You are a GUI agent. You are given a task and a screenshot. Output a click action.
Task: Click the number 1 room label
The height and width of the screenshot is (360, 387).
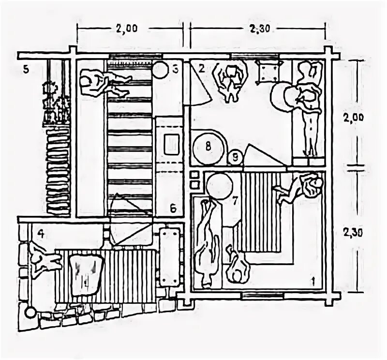tap(313, 280)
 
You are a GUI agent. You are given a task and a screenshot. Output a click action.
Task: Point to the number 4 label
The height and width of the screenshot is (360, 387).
tap(42, 233)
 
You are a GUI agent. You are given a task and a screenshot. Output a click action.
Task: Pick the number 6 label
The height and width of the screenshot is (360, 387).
tap(173, 209)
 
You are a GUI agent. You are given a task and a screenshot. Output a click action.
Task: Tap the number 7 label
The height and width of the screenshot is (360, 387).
tap(235, 199)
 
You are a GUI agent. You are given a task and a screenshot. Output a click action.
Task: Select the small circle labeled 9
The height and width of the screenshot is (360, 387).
tap(235, 157)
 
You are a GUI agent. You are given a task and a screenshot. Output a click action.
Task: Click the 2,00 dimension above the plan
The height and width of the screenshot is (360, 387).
tap(126, 28)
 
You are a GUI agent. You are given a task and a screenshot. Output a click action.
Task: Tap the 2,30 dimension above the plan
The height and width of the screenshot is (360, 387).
tap(260, 28)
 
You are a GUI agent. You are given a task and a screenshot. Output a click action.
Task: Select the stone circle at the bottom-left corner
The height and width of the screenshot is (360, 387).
tap(30, 313)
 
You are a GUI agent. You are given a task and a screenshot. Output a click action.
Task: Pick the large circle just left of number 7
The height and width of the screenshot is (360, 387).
tap(220, 186)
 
